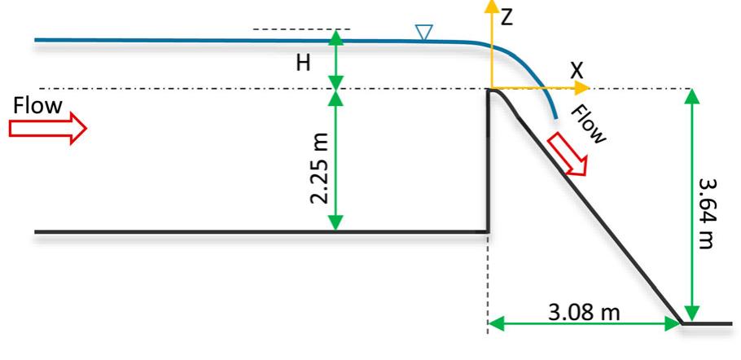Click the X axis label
point(577,71)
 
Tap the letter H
point(303,64)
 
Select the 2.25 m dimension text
point(322,169)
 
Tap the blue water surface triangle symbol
point(423,32)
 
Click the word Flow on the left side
point(37,105)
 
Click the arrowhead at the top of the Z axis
point(490,7)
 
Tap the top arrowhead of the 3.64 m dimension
point(691,95)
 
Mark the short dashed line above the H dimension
point(301,29)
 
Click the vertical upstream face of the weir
point(488,163)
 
